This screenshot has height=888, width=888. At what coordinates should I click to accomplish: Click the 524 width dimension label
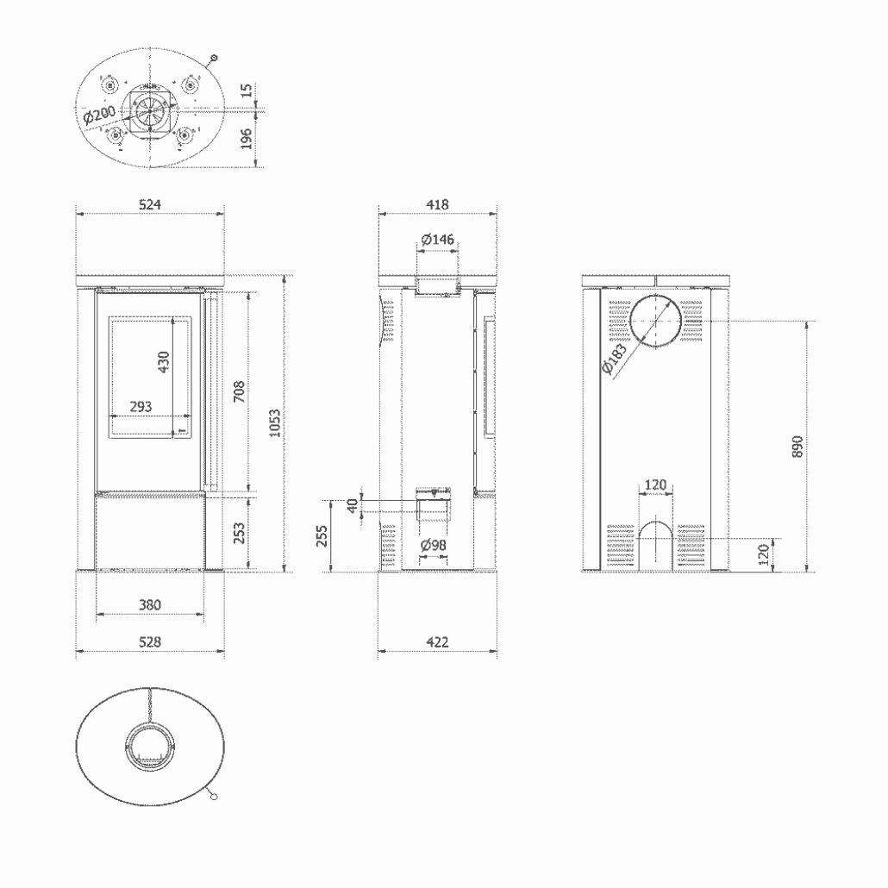click(150, 204)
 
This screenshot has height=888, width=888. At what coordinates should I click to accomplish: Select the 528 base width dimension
click(150, 642)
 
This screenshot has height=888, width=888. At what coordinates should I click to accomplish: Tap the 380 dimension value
click(150, 605)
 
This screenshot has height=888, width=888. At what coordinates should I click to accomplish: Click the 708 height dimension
click(239, 392)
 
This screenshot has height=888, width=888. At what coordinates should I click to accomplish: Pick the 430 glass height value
click(165, 363)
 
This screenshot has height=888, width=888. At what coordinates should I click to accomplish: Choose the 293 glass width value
click(141, 406)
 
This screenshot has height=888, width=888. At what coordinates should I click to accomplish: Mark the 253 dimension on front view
click(239, 533)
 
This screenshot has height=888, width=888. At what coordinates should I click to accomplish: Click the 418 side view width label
click(438, 204)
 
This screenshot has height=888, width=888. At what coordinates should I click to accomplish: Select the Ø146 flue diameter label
click(438, 239)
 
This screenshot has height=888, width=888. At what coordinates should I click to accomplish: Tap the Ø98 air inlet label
click(433, 546)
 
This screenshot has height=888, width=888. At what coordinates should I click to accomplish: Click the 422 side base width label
click(438, 642)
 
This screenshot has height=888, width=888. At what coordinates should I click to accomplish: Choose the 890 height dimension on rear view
click(797, 446)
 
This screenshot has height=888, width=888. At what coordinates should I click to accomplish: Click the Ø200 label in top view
click(100, 115)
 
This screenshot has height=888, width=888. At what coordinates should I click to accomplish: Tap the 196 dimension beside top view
click(247, 138)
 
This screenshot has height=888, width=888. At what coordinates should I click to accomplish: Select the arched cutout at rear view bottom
click(656, 542)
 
